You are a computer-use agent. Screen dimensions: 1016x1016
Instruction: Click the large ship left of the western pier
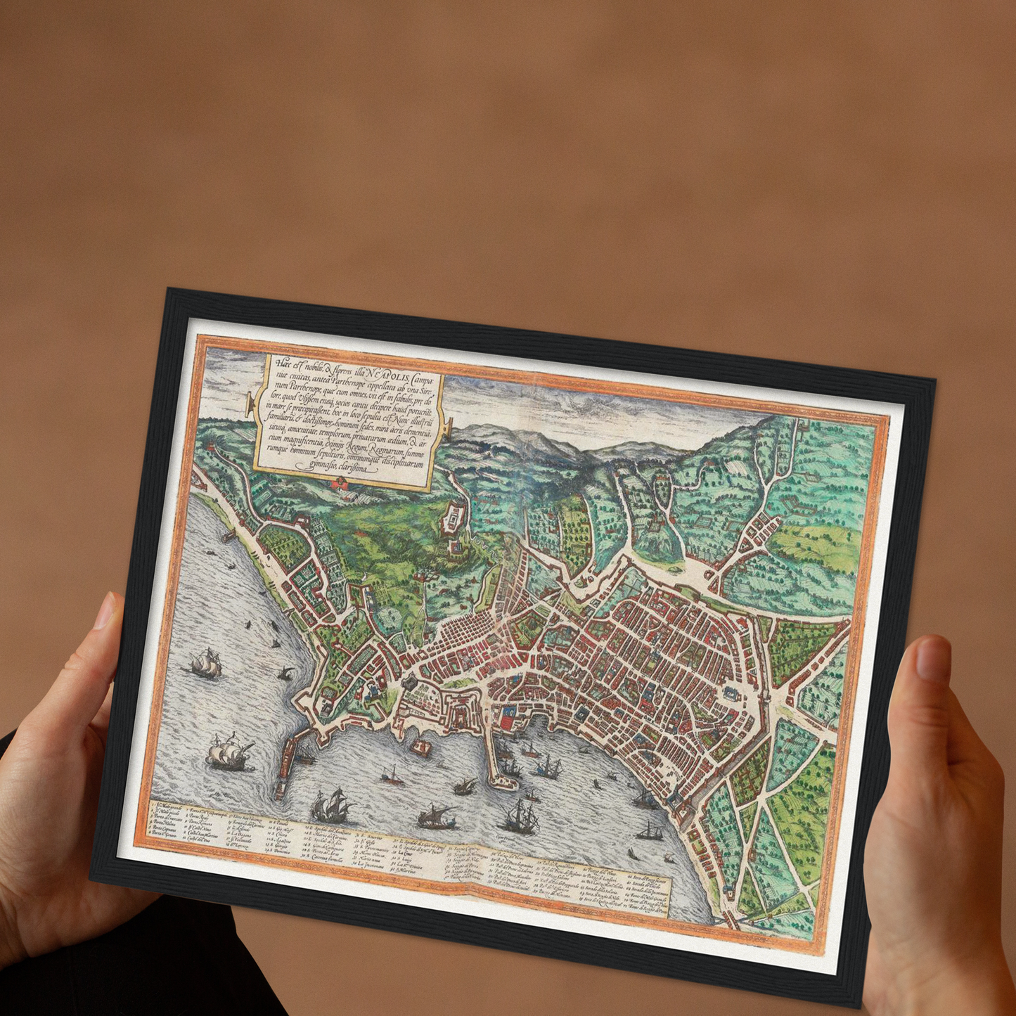[x=229, y=754]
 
